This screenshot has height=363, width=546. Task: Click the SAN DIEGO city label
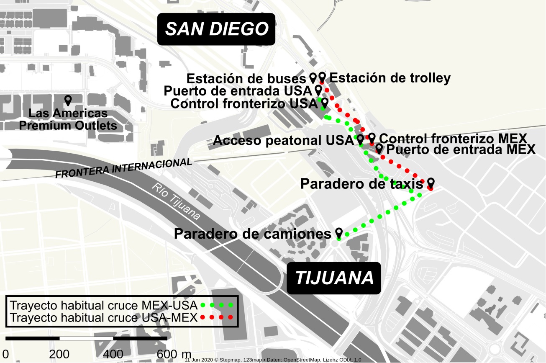pyautogui.click(x=216, y=29)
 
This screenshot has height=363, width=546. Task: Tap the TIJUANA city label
pyautogui.click(x=334, y=278)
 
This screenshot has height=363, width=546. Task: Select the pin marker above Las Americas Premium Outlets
pyautogui.click(x=68, y=100)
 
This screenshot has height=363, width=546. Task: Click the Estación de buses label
pyautogui.click(x=246, y=78)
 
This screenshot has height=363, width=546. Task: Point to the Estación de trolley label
pyautogui.click(x=390, y=78)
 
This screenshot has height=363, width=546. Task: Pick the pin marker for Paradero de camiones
pyautogui.click(x=339, y=233)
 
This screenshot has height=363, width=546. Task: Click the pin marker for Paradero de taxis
pyautogui.click(x=431, y=183)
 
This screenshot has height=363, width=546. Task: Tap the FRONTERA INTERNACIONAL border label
pyautogui.click(x=124, y=168)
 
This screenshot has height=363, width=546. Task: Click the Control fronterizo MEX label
pyautogui.click(x=452, y=138)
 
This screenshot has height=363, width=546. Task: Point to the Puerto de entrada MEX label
pyautogui.click(x=460, y=149)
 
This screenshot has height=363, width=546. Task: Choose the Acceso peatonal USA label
pyautogui.click(x=283, y=141)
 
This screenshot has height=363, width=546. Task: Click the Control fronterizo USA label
pyautogui.click(x=244, y=104)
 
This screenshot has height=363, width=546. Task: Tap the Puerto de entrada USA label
pyautogui.click(x=238, y=91)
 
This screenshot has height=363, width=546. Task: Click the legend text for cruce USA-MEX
pyautogui.click(x=103, y=317)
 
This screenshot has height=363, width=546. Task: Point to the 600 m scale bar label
pyautogui.click(x=174, y=354)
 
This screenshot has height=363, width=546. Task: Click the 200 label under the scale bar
pyautogui.click(x=59, y=354)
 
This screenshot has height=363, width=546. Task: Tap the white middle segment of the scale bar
pyautogui.click(x=86, y=338)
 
